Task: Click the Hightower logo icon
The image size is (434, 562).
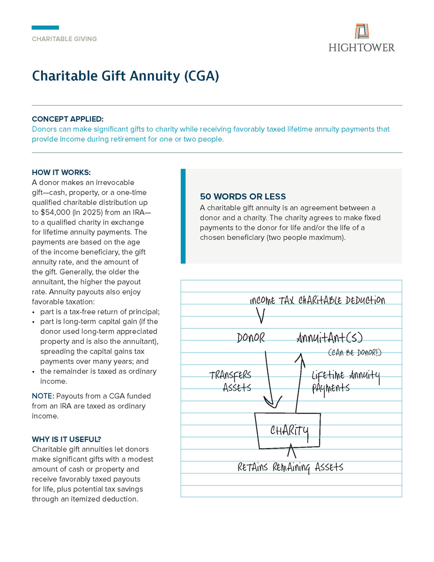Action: coord(361,31)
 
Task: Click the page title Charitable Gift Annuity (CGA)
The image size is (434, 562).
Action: coord(125,76)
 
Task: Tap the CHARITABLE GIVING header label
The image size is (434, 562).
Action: coord(64,39)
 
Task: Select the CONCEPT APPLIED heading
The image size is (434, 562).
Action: coord(68,119)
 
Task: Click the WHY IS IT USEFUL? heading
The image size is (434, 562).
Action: coord(66,439)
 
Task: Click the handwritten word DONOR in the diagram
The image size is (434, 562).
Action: coord(251,338)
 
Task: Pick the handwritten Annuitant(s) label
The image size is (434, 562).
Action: coord(330,338)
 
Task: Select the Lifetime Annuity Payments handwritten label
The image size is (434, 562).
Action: coord(346,381)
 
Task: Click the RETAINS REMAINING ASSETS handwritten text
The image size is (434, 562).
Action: coord(290,467)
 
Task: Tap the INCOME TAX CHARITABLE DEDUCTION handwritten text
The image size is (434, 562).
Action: coord(317,300)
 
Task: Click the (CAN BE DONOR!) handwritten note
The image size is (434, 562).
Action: coord(354,353)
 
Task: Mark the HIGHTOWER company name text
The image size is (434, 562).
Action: coord(361,47)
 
